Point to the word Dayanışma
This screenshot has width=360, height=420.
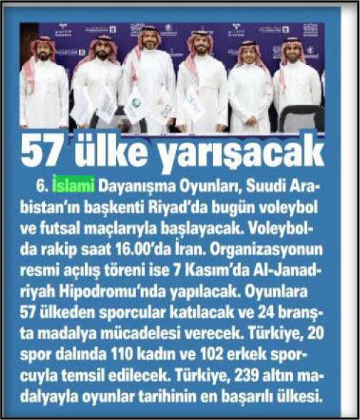[133, 188]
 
